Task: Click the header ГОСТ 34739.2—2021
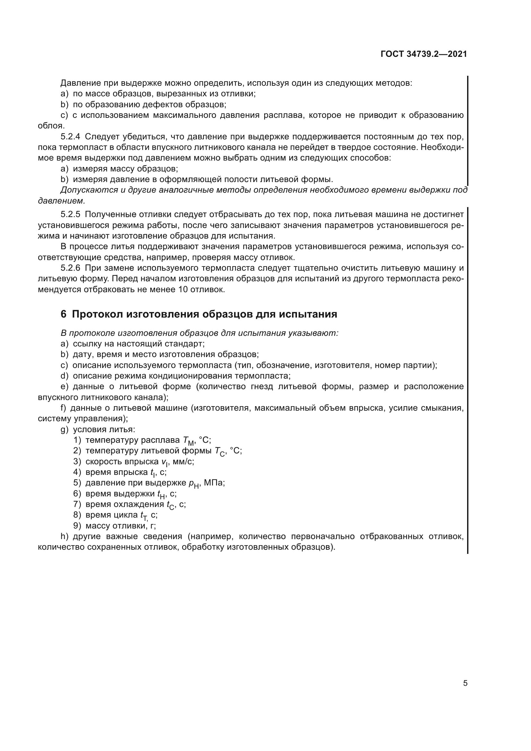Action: coord(424,54)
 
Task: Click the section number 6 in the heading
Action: coord(64,314)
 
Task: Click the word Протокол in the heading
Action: coord(97,314)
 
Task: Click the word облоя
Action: coord(51,126)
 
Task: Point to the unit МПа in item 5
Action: coord(214,483)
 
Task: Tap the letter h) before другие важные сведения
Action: coord(65,537)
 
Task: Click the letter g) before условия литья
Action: coord(65,430)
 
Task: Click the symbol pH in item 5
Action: coord(194,484)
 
